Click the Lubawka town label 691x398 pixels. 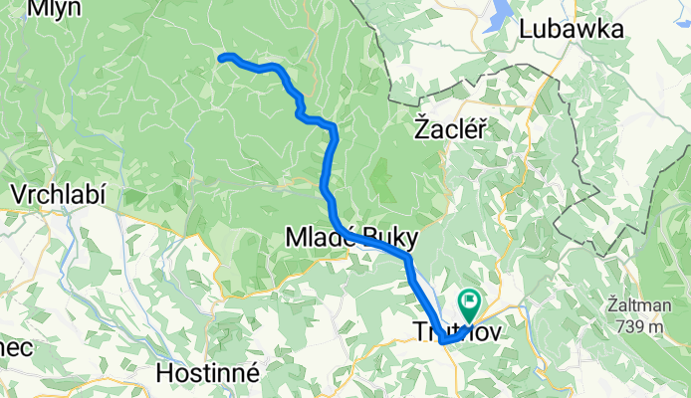[572, 29]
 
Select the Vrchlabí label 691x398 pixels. [56, 192]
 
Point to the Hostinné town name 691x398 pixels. [209, 373]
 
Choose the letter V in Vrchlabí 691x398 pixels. [15, 192]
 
